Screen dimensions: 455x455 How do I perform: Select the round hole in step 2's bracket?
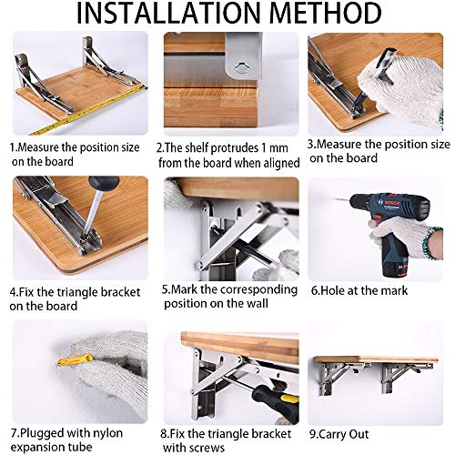239,66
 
